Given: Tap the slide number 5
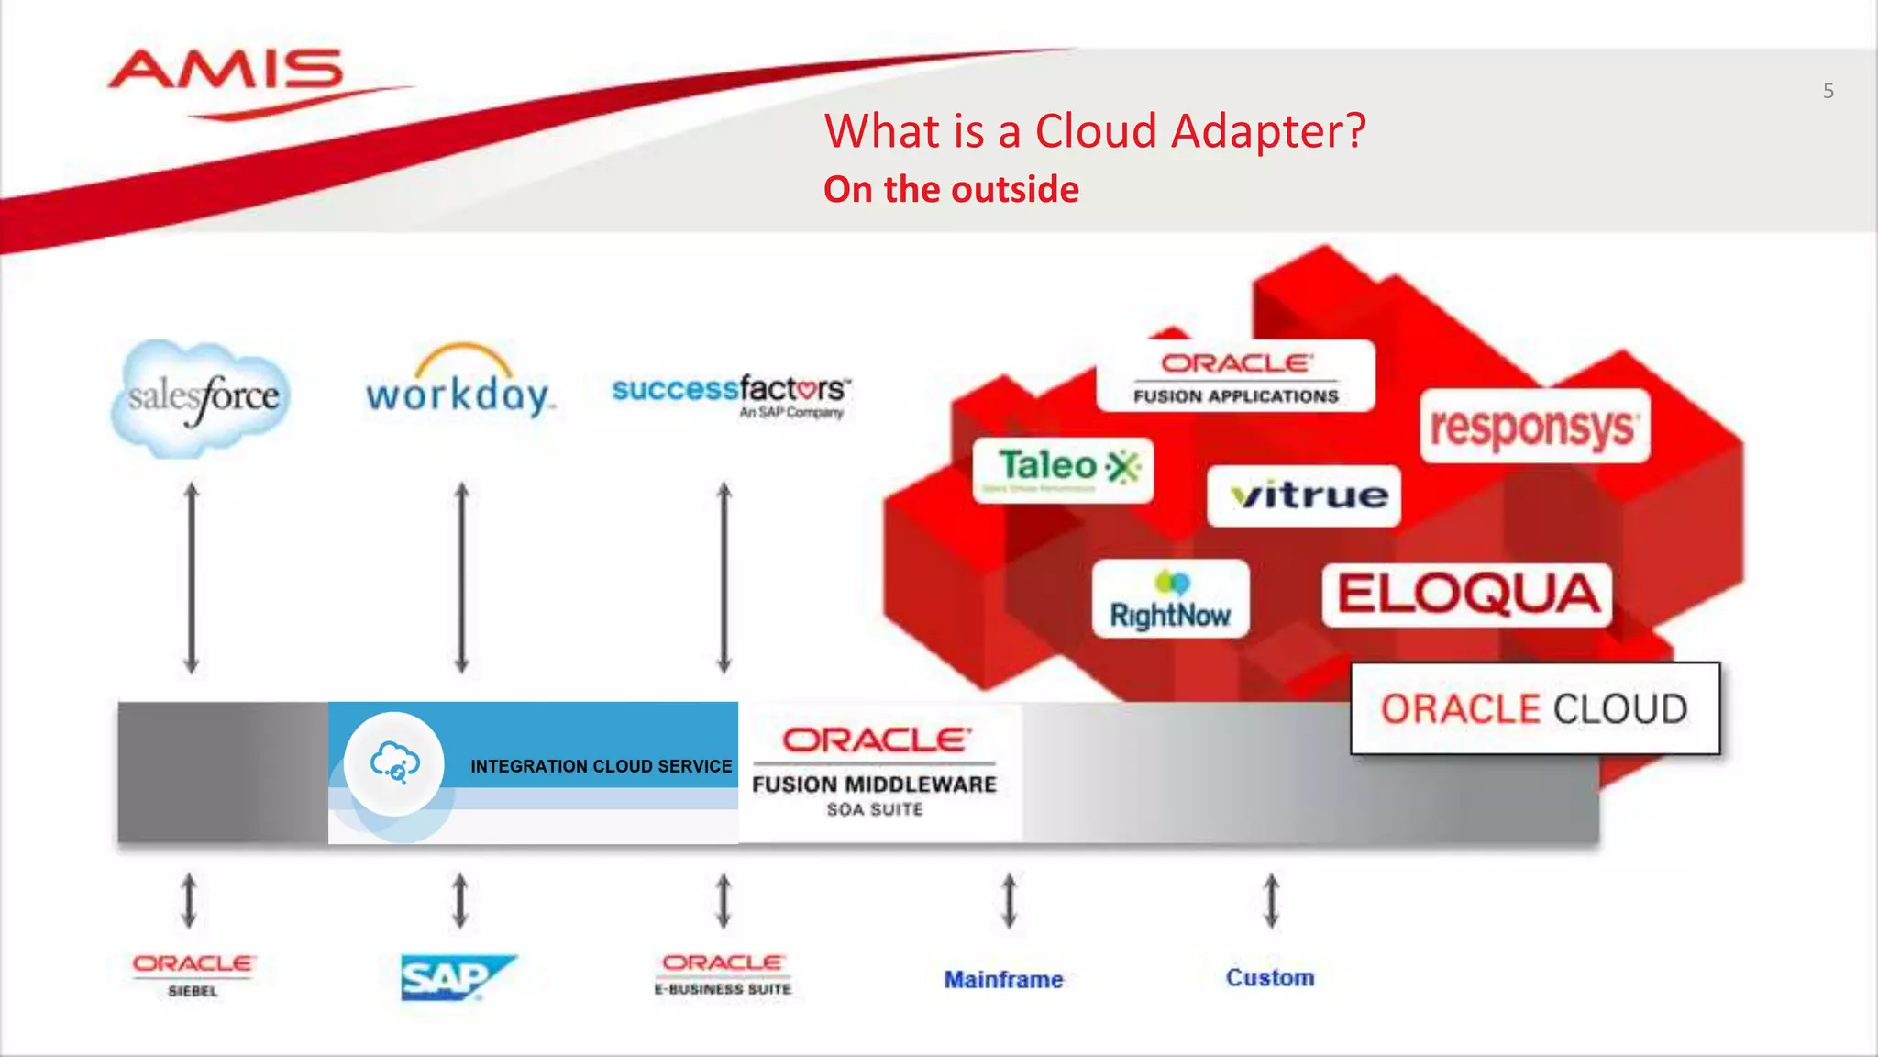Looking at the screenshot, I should [x=1828, y=91].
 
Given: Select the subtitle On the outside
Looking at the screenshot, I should [x=951, y=190].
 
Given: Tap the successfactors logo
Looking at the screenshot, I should [x=731, y=395].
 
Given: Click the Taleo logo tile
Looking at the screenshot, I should [x=1063, y=469].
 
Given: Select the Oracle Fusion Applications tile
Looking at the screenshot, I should [x=1235, y=376].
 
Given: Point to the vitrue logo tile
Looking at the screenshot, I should [x=1304, y=495].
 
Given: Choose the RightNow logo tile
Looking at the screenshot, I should [x=1170, y=599].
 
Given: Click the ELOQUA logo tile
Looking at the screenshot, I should [x=1466, y=595].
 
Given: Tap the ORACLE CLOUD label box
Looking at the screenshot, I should [x=1534, y=708].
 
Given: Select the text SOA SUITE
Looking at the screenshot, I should [x=874, y=809].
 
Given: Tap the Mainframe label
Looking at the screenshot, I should [x=1003, y=980].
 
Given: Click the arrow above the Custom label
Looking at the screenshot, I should [x=1271, y=900].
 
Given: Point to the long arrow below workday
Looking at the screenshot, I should [x=462, y=578].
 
